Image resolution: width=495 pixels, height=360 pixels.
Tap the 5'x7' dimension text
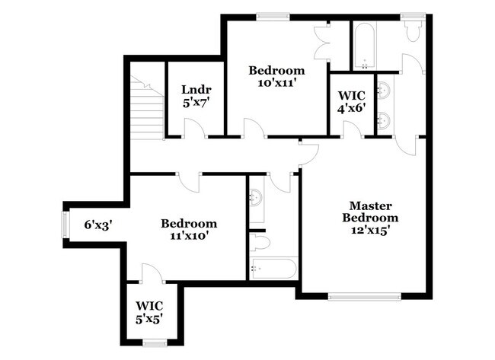195,104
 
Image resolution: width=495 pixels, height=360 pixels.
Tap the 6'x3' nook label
98,225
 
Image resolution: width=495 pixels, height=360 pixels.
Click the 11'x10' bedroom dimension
188,236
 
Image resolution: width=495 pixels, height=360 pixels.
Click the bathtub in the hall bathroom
273,269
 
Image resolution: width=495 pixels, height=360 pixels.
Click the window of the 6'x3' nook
65,225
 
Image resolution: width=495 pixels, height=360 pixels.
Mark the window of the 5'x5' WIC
155,343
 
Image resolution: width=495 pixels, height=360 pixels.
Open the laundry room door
194,131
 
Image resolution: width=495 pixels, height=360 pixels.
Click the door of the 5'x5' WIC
150,272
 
